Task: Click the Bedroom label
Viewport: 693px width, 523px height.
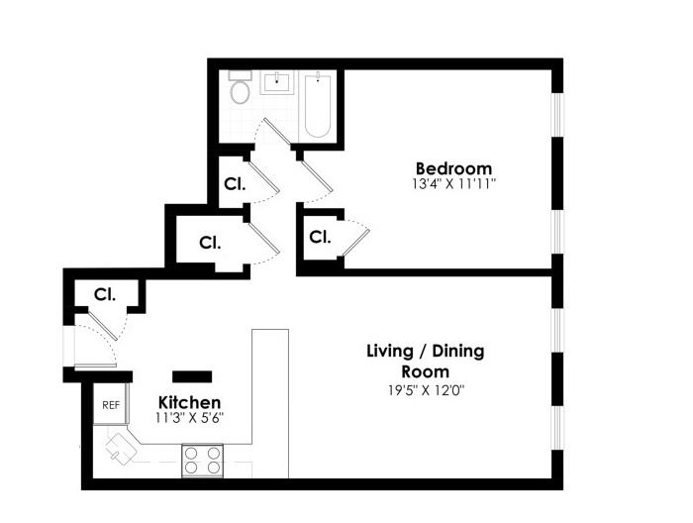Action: pyautogui.click(x=453, y=167)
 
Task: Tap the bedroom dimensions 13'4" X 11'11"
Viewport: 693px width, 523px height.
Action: pyautogui.click(x=453, y=184)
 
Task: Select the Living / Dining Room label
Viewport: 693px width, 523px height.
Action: pyautogui.click(x=426, y=362)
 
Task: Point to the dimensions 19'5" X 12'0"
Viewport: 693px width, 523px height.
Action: pyautogui.click(x=426, y=389)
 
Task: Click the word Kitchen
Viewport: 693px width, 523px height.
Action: pyautogui.click(x=190, y=403)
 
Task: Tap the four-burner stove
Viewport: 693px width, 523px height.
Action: pyautogui.click(x=202, y=460)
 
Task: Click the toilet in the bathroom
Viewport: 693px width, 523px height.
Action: pyautogui.click(x=239, y=92)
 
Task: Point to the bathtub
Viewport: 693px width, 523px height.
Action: pyautogui.click(x=317, y=105)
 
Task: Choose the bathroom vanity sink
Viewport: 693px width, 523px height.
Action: pyautogui.click(x=280, y=81)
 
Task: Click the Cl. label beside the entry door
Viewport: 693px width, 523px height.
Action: pyautogui.click(x=105, y=294)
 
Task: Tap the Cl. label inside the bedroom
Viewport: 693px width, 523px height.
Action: pyautogui.click(x=319, y=237)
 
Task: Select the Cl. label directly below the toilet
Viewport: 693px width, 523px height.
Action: pyautogui.click(x=235, y=183)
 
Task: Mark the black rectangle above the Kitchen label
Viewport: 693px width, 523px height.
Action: pyautogui.click(x=192, y=375)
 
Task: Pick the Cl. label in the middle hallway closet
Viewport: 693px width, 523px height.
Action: pyautogui.click(x=209, y=242)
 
